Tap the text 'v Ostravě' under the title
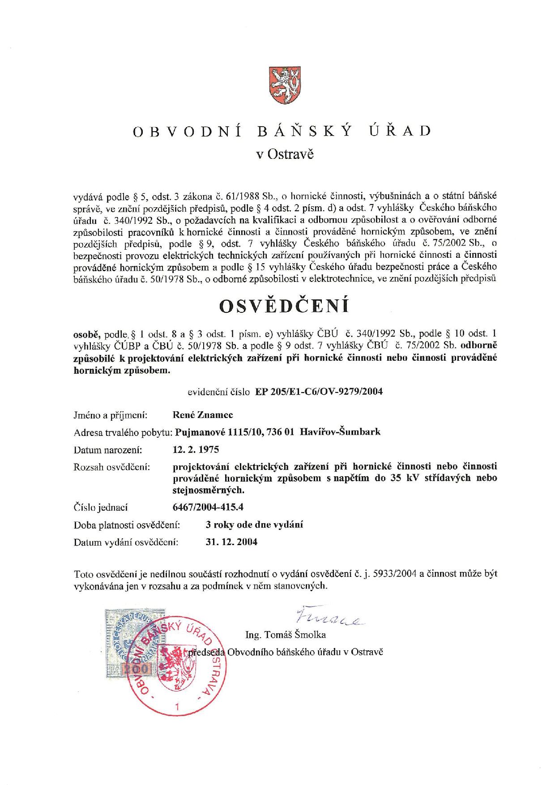[285, 154]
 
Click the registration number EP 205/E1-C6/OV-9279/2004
[319, 392]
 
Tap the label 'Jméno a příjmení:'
[111, 415]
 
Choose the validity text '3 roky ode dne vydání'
[254, 525]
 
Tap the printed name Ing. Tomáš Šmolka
[286, 635]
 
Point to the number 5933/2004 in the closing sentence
[397, 574]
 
